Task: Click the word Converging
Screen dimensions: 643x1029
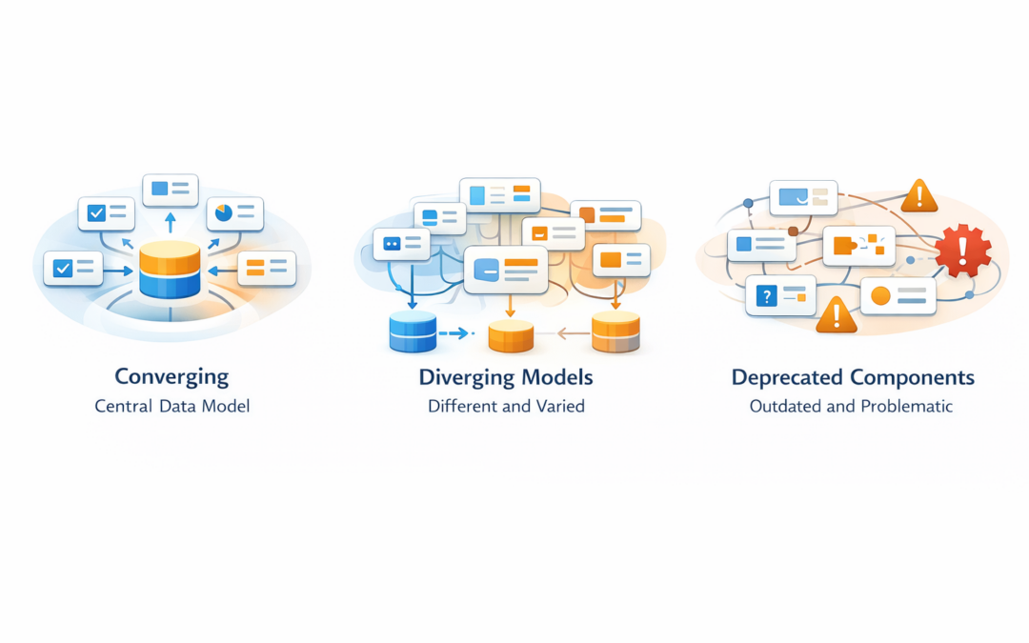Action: coord(171,376)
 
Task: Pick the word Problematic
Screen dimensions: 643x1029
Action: coord(905,406)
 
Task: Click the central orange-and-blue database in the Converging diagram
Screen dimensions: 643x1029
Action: coord(170,270)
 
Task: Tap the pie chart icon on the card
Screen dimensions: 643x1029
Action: coord(224,212)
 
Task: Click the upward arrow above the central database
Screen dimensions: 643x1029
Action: coord(171,222)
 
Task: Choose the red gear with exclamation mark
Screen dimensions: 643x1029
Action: coord(962,251)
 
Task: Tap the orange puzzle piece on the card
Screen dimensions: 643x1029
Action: coord(844,245)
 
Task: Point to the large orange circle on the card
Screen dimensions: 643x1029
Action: coord(880,295)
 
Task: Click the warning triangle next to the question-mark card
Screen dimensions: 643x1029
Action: coord(836,314)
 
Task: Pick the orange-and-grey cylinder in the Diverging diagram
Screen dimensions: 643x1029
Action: coord(615,332)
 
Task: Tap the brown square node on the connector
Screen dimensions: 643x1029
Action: coord(793,231)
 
